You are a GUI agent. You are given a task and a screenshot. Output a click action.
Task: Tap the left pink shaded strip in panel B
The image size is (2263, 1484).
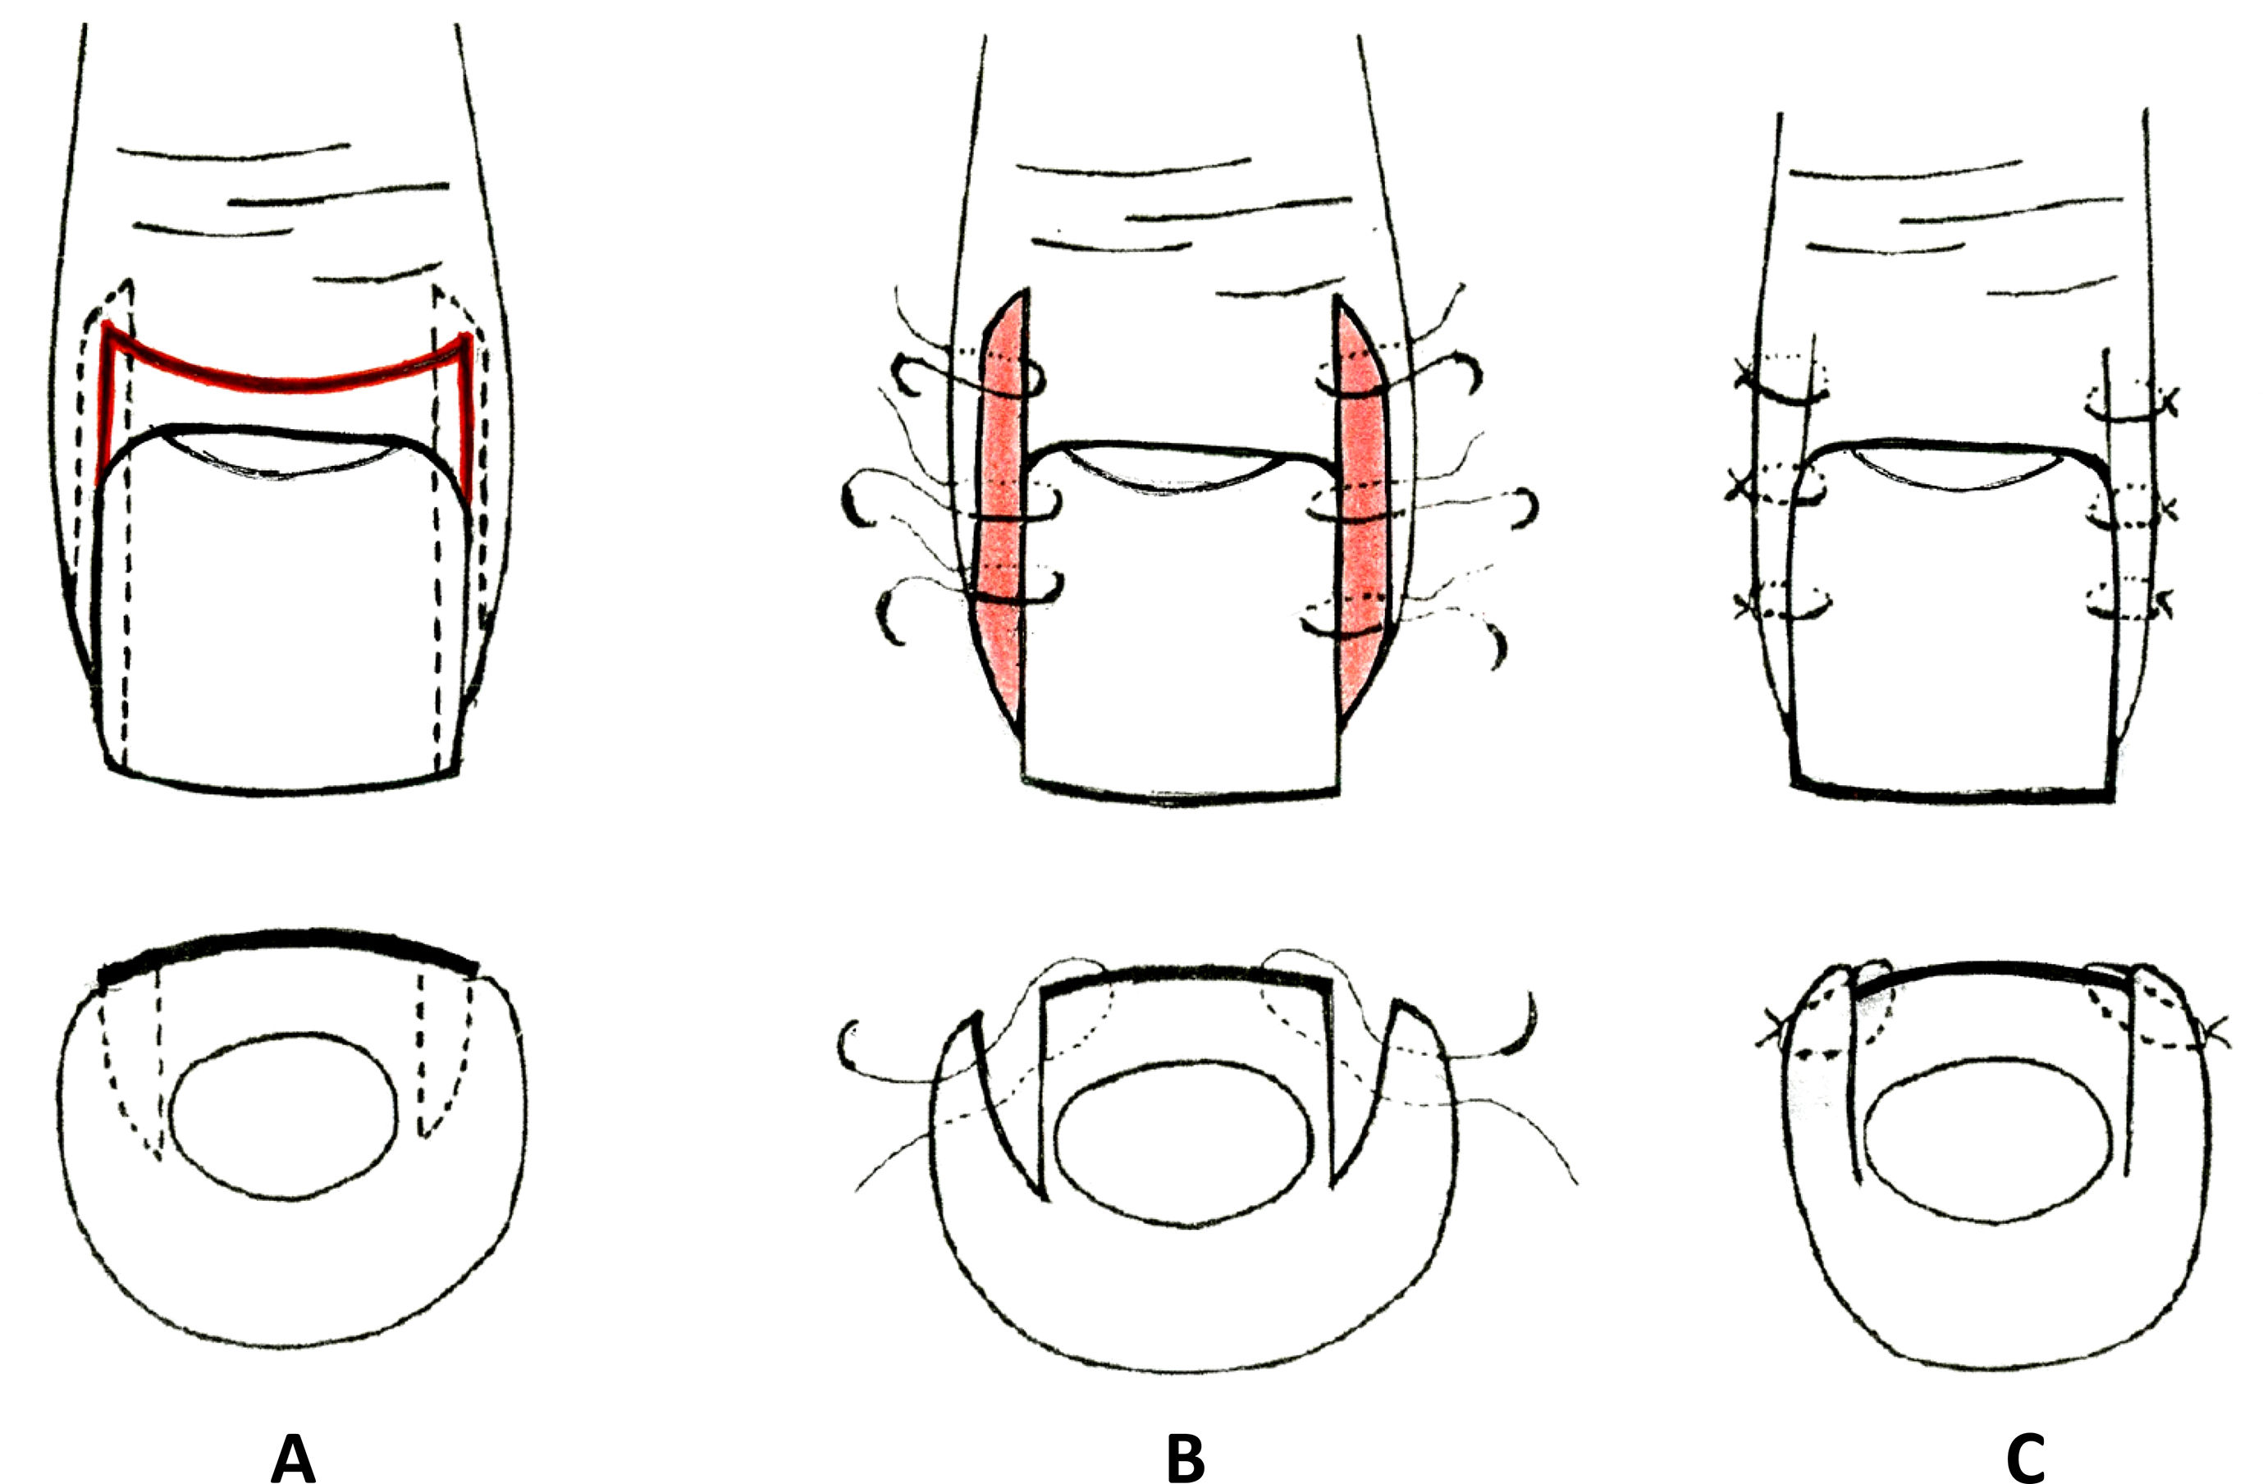1000,504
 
